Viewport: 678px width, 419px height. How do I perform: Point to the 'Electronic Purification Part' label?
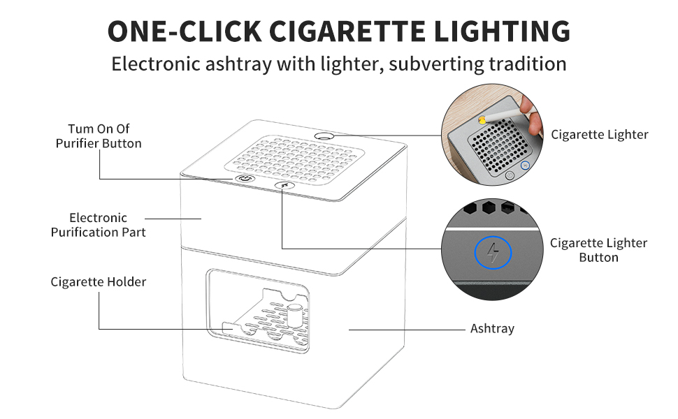click(99, 225)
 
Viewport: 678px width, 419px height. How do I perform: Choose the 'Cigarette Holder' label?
click(99, 282)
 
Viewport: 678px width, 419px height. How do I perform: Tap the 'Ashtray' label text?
click(492, 328)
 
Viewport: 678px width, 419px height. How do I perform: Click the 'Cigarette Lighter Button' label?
click(598, 250)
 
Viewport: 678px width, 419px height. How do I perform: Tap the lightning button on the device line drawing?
click(282, 186)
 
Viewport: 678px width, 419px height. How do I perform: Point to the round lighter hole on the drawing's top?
click(324, 135)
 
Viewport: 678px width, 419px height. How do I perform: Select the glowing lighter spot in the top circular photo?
click(482, 119)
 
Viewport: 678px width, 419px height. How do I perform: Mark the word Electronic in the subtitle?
click(156, 64)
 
